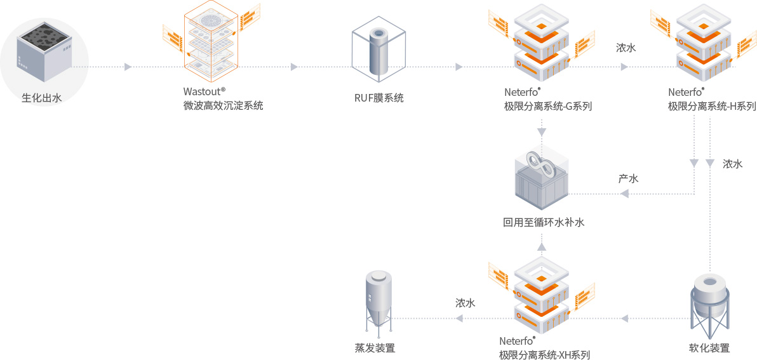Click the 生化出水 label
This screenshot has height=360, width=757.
click(41, 98)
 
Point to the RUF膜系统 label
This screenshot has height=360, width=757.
click(379, 98)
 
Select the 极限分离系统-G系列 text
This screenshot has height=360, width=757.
click(548, 106)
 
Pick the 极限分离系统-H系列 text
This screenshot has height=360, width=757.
click(712, 106)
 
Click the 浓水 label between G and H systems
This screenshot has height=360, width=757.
click(626, 48)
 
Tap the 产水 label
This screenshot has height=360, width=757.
click(628, 178)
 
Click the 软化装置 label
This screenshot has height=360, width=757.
click(709, 348)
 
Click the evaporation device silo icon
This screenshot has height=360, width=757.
click(378, 302)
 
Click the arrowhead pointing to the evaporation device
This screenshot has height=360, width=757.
click(460, 317)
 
